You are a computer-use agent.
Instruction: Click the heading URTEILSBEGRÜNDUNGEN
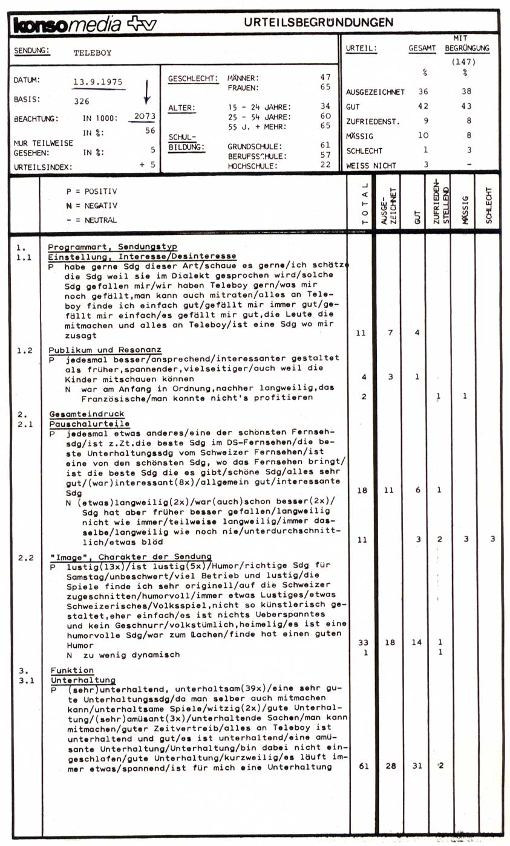[x=319, y=22]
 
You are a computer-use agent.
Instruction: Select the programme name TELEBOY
[x=92, y=53]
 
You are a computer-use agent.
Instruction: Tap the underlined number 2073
[x=145, y=116]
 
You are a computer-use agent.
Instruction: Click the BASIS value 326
[x=82, y=102]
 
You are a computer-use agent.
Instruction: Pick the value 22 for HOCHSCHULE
[x=325, y=165]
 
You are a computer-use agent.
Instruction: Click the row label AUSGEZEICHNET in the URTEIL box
[x=375, y=92]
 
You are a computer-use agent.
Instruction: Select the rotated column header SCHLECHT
[x=488, y=205]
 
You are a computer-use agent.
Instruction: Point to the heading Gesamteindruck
[x=87, y=415]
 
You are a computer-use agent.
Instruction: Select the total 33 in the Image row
[x=361, y=643]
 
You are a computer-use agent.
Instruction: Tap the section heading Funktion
[x=72, y=671]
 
